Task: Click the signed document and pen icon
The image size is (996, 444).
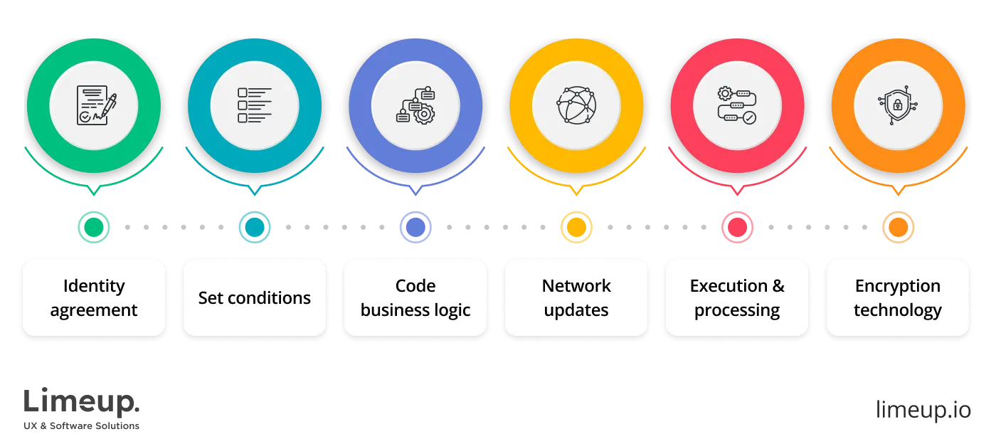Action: (x=95, y=105)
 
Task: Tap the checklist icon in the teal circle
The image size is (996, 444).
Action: (x=254, y=105)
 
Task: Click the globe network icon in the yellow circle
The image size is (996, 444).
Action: (x=576, y=105)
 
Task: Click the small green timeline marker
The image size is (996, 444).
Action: (x=93, y=227)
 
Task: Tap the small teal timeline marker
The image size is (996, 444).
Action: (x=254, y=227)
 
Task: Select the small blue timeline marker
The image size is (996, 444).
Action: (x=415, y=227)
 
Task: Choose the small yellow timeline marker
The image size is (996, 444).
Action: (x=576, y=227)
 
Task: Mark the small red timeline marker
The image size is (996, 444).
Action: (x=736, y=227)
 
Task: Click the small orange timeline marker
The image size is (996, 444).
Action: (x=898, y=227)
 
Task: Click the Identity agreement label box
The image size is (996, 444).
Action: (x=94, y=297)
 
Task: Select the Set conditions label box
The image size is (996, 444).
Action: (x=254, y=297)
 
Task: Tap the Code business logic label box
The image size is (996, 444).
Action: (x=415, y=297)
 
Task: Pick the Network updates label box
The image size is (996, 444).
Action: (x=576, y=297)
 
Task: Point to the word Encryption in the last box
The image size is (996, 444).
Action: (x=897, y=286)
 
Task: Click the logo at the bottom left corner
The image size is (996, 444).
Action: (x=82, y=408)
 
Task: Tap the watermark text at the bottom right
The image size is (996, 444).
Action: (x=923, y=411)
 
